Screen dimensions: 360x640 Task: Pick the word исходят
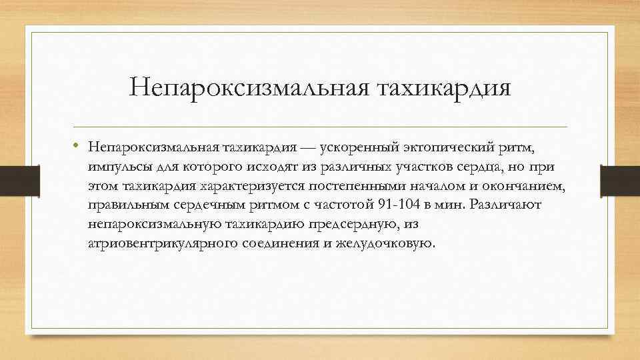[284, 166]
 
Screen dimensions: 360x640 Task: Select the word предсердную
[358, 224]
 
